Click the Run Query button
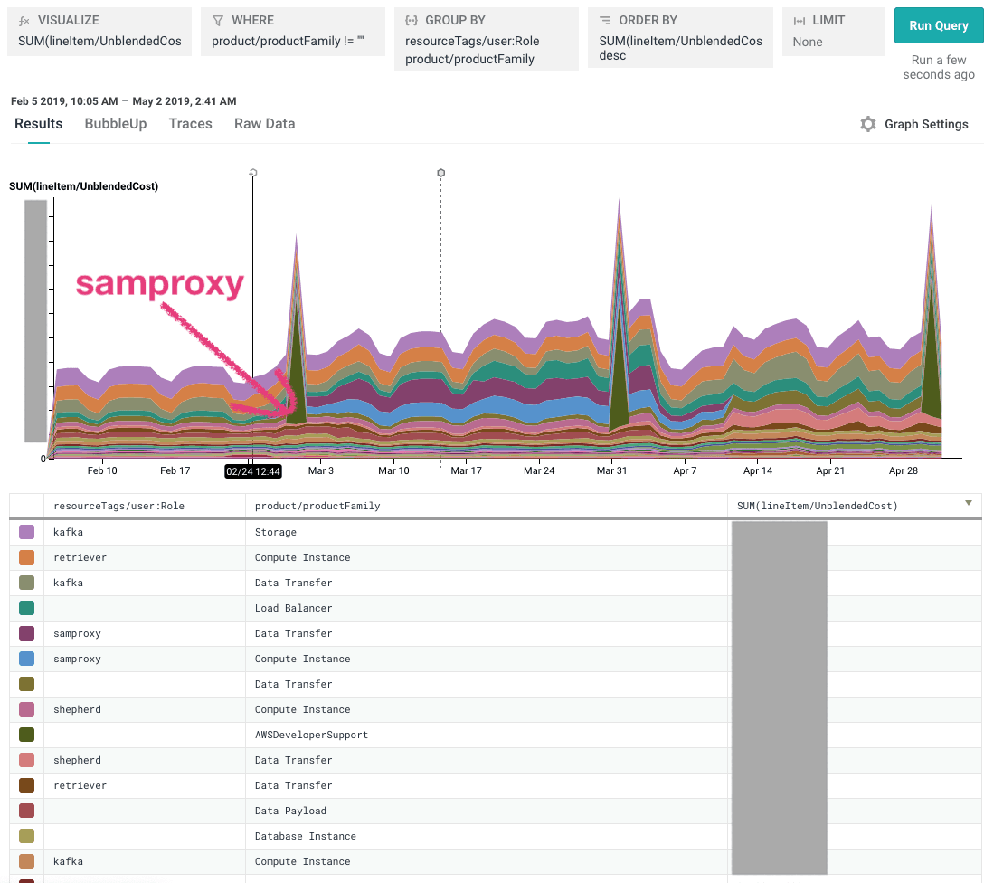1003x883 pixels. pos(939,25)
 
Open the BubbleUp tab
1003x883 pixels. pos(116,124)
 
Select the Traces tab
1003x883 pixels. pos(190,124)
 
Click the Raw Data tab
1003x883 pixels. pos(264,124)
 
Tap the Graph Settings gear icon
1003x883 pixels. pos(868,125)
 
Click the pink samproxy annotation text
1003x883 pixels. pos(160,285)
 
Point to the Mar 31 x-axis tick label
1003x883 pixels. pos(612,470)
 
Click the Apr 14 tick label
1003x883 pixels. pos(758,470)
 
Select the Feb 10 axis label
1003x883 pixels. pos(102,470)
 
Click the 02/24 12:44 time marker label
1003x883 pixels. pos(253,470)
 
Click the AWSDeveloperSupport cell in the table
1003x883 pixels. pos(311,735)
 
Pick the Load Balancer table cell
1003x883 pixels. pos(293,608)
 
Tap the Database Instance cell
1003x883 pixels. pos(305,836)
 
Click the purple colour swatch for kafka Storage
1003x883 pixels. pos(26,532)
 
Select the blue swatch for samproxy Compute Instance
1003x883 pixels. pos(26,659)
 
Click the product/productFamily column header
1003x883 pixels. pos(317,506)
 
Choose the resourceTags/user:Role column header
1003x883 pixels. pos(118,506)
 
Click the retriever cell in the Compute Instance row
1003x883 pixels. pos(80,557)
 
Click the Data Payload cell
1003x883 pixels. pos(290,811)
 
